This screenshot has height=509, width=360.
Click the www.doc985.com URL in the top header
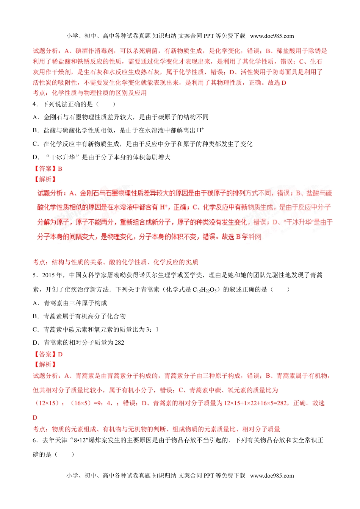(272, 36)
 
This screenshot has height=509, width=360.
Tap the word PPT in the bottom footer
(209, 476)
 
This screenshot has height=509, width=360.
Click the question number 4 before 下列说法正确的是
(34, 104)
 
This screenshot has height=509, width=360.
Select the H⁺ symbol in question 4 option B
(200, 130)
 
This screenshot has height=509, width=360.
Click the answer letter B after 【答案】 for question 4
(60, 169)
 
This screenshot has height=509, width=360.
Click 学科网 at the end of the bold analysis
(252, 237)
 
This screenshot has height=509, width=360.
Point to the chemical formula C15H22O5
(205, 290)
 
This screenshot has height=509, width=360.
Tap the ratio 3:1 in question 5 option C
(152, 329)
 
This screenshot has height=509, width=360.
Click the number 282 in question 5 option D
(119, 343)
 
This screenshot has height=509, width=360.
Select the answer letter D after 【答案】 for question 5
(60, 354)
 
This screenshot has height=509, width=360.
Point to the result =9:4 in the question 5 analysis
(103, 403)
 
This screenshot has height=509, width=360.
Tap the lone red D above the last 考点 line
(35, 418)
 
